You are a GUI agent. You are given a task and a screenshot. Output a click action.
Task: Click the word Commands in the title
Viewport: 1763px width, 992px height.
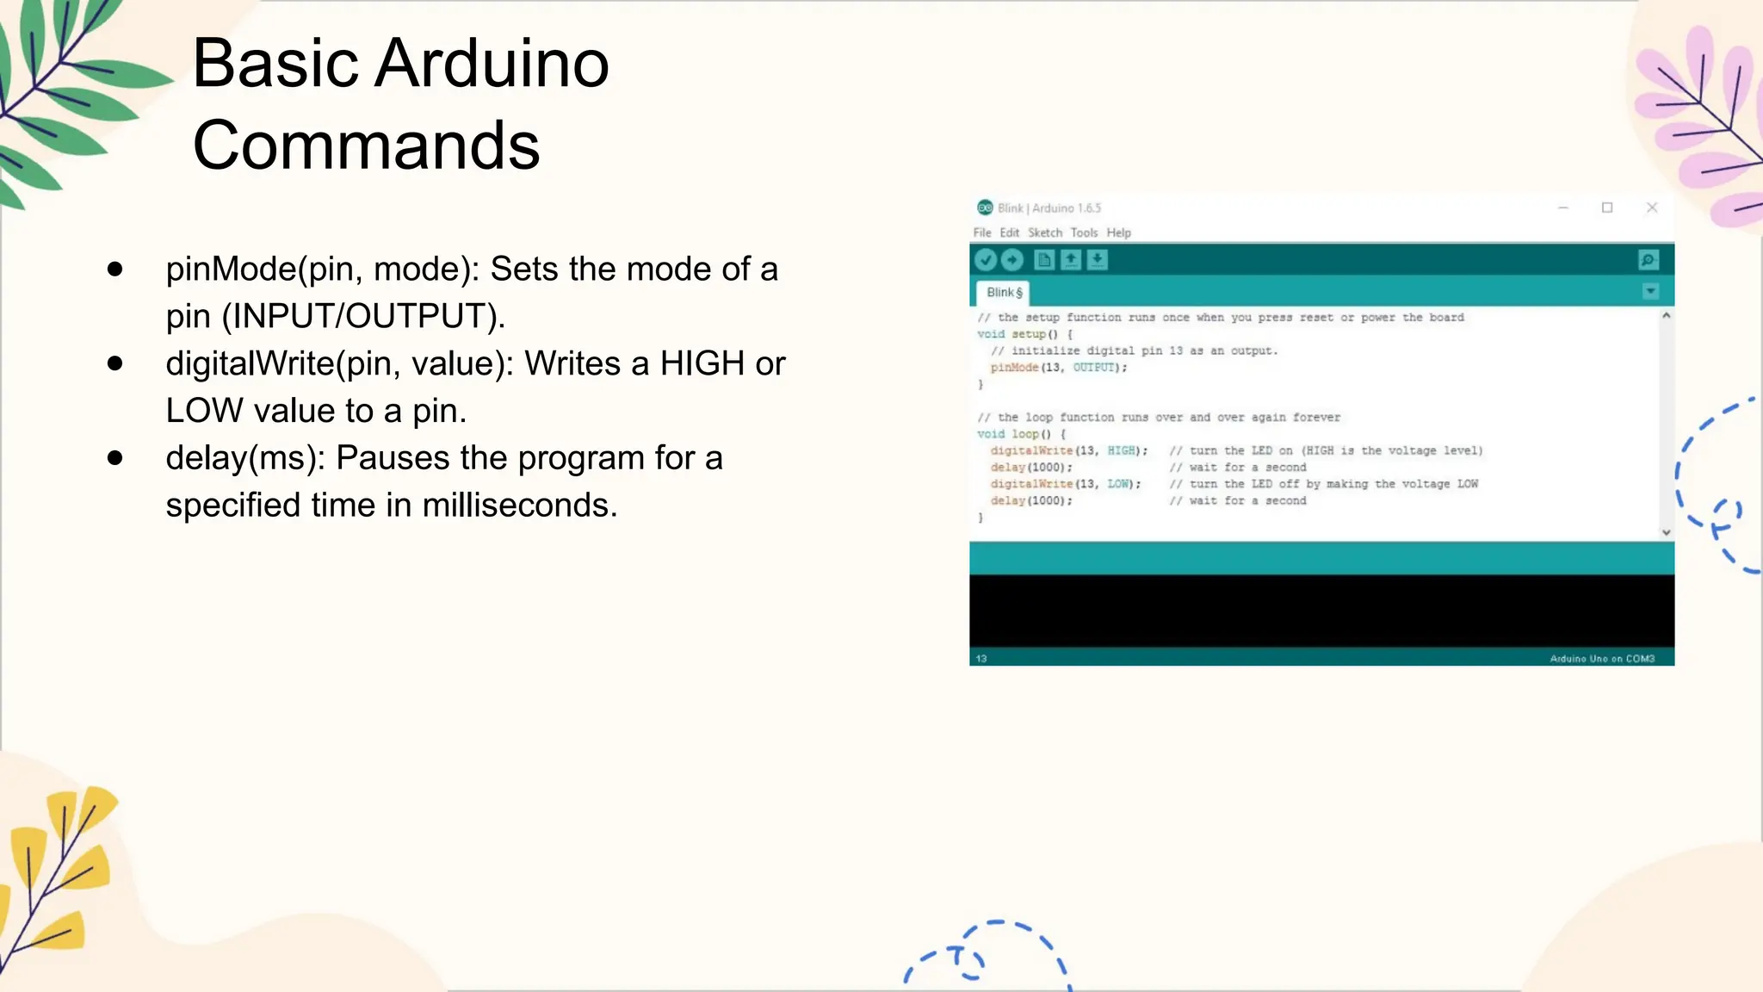click(x=366, y=146)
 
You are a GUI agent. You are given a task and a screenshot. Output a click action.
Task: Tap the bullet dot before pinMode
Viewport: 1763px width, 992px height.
click(x=115, y=270)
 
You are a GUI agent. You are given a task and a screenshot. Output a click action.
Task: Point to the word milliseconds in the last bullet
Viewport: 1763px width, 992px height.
click(x=517, y=505)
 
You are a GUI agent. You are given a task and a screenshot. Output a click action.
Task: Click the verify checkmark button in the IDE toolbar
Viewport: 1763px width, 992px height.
click(x=987, y=259)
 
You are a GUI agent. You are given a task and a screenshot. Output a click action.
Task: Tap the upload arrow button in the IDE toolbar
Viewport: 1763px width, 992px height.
click(x=1012, y=259)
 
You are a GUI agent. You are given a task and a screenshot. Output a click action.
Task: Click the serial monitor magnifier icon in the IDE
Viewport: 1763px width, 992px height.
click(x=1648, y=260)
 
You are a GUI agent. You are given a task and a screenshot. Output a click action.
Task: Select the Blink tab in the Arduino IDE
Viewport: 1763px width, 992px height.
click(x=1003, y=293)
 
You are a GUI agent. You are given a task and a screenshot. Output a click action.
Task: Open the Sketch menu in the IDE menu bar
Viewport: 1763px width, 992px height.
click(x=1044, y=232)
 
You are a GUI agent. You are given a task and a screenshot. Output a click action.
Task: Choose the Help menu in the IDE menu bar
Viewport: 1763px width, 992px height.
click(x=1118, y=232)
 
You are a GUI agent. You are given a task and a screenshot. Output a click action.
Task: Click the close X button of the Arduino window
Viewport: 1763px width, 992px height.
click(x=1651, y=208)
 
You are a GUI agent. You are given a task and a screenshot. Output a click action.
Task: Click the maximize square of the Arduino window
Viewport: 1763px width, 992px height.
click(x=1606, y=208)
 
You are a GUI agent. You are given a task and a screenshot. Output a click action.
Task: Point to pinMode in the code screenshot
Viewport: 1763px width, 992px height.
click(x=1014, y=368)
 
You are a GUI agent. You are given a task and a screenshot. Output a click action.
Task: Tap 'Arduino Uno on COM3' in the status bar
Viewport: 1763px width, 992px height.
click(x=1601, y=659)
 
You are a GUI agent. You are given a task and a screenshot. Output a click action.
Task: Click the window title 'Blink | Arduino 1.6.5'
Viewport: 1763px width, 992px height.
click(x=1049, y=208)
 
